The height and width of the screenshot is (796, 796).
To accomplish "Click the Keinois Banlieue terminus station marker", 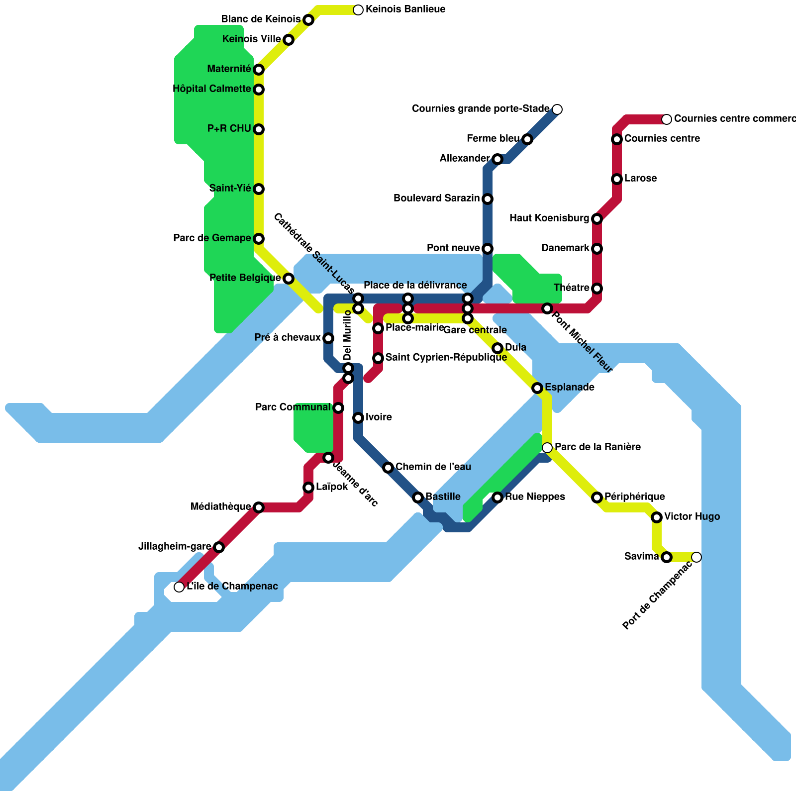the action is (358, 9).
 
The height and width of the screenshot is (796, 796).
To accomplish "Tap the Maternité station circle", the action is (259, 70).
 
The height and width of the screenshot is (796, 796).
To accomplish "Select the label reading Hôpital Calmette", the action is (211, 89).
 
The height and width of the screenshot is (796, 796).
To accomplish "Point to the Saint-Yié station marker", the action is (259, 189).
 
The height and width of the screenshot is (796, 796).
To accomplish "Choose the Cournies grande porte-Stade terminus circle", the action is (557, 109).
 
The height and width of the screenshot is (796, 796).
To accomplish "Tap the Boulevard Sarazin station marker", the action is (488, 199).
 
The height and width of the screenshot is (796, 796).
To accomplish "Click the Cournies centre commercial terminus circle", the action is (667, 119).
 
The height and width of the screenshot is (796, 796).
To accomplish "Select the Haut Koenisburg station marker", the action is (597, 219).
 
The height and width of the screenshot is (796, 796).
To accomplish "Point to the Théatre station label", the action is (571, 288).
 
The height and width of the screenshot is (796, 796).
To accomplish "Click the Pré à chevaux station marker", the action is (328, 338).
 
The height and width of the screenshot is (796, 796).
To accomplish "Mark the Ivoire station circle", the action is (358, 418).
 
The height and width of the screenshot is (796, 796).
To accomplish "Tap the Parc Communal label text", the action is (293, 407).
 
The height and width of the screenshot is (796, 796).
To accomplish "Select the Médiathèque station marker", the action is (259, 507).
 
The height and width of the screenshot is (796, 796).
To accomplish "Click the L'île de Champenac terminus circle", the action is (179, 587).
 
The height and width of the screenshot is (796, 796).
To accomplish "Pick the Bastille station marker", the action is (418, 497).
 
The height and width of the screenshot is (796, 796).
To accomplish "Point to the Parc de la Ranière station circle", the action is (547, 448).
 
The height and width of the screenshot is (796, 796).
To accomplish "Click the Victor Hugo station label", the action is (692, 517).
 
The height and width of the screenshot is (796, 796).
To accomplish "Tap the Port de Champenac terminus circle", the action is (696, 557).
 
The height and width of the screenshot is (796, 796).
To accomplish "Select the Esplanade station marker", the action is (537, 388).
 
